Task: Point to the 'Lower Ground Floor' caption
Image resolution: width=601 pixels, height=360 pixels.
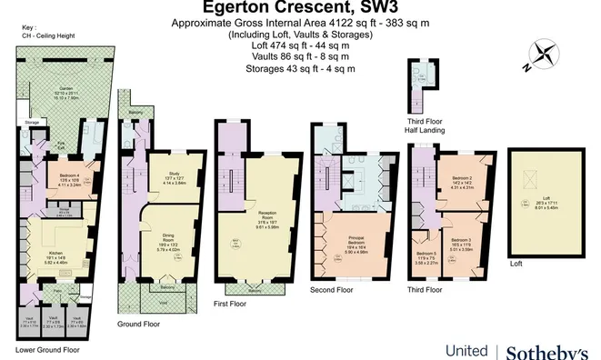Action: (x=47, y=349)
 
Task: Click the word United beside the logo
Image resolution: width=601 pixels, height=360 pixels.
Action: (x=466, y=350)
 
